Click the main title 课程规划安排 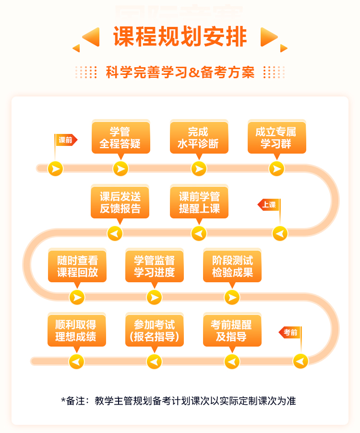coord(180,36)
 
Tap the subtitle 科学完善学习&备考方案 coord(180,72)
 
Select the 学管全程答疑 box coord(120,138)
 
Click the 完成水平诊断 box coord(199,138)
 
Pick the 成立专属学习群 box coord(276,138)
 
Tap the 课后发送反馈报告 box coord(120,203)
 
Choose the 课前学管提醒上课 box coord(199,203)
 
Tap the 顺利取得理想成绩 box coord(76,331)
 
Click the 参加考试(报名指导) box coord(154,331)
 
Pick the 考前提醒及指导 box coord(232,331)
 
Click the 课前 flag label coord(66,140)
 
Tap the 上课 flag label coord(269,205)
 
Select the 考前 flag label coord(290,332)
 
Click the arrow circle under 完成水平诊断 coord(199,168)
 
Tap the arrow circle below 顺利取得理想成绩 coord(76,361)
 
